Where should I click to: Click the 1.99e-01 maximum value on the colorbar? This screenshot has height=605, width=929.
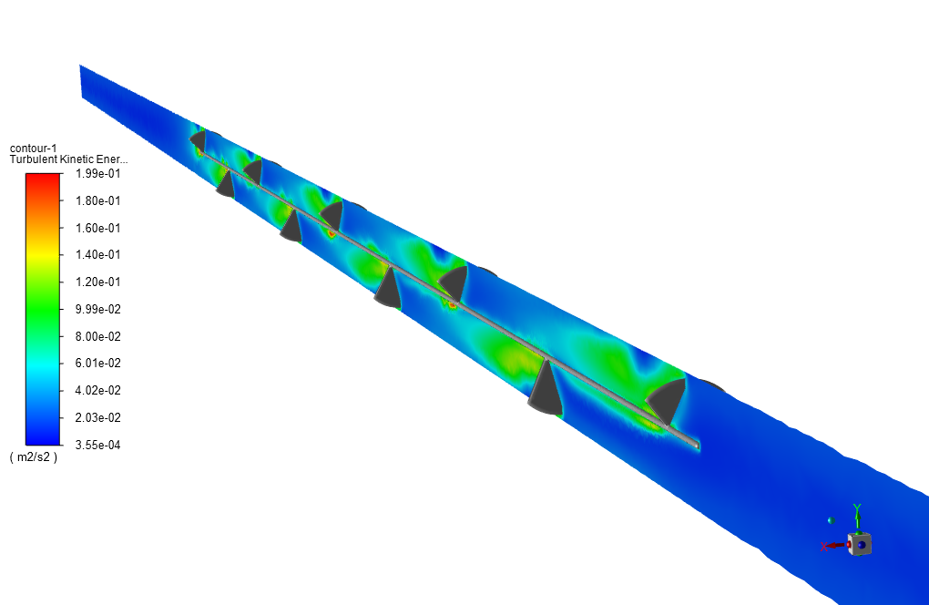(x=97, y=174)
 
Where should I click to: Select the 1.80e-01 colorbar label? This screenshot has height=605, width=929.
(x=97, y=200)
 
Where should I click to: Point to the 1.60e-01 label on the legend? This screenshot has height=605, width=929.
(x=97, y=228)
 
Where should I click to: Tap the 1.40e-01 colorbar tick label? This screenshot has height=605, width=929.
(x=97, y=255)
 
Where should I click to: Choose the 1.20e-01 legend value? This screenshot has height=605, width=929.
(x=97, y=282)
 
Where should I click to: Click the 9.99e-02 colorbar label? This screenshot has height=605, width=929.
(x=97, y=309)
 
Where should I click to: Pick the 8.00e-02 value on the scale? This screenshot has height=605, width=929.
(x=97, y=336)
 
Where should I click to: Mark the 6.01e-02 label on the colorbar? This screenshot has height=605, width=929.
(x=97, y=364)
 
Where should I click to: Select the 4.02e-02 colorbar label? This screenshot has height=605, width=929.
(x=97, y=391)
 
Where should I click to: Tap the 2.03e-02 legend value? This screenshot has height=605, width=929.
(x=97, y=417)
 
